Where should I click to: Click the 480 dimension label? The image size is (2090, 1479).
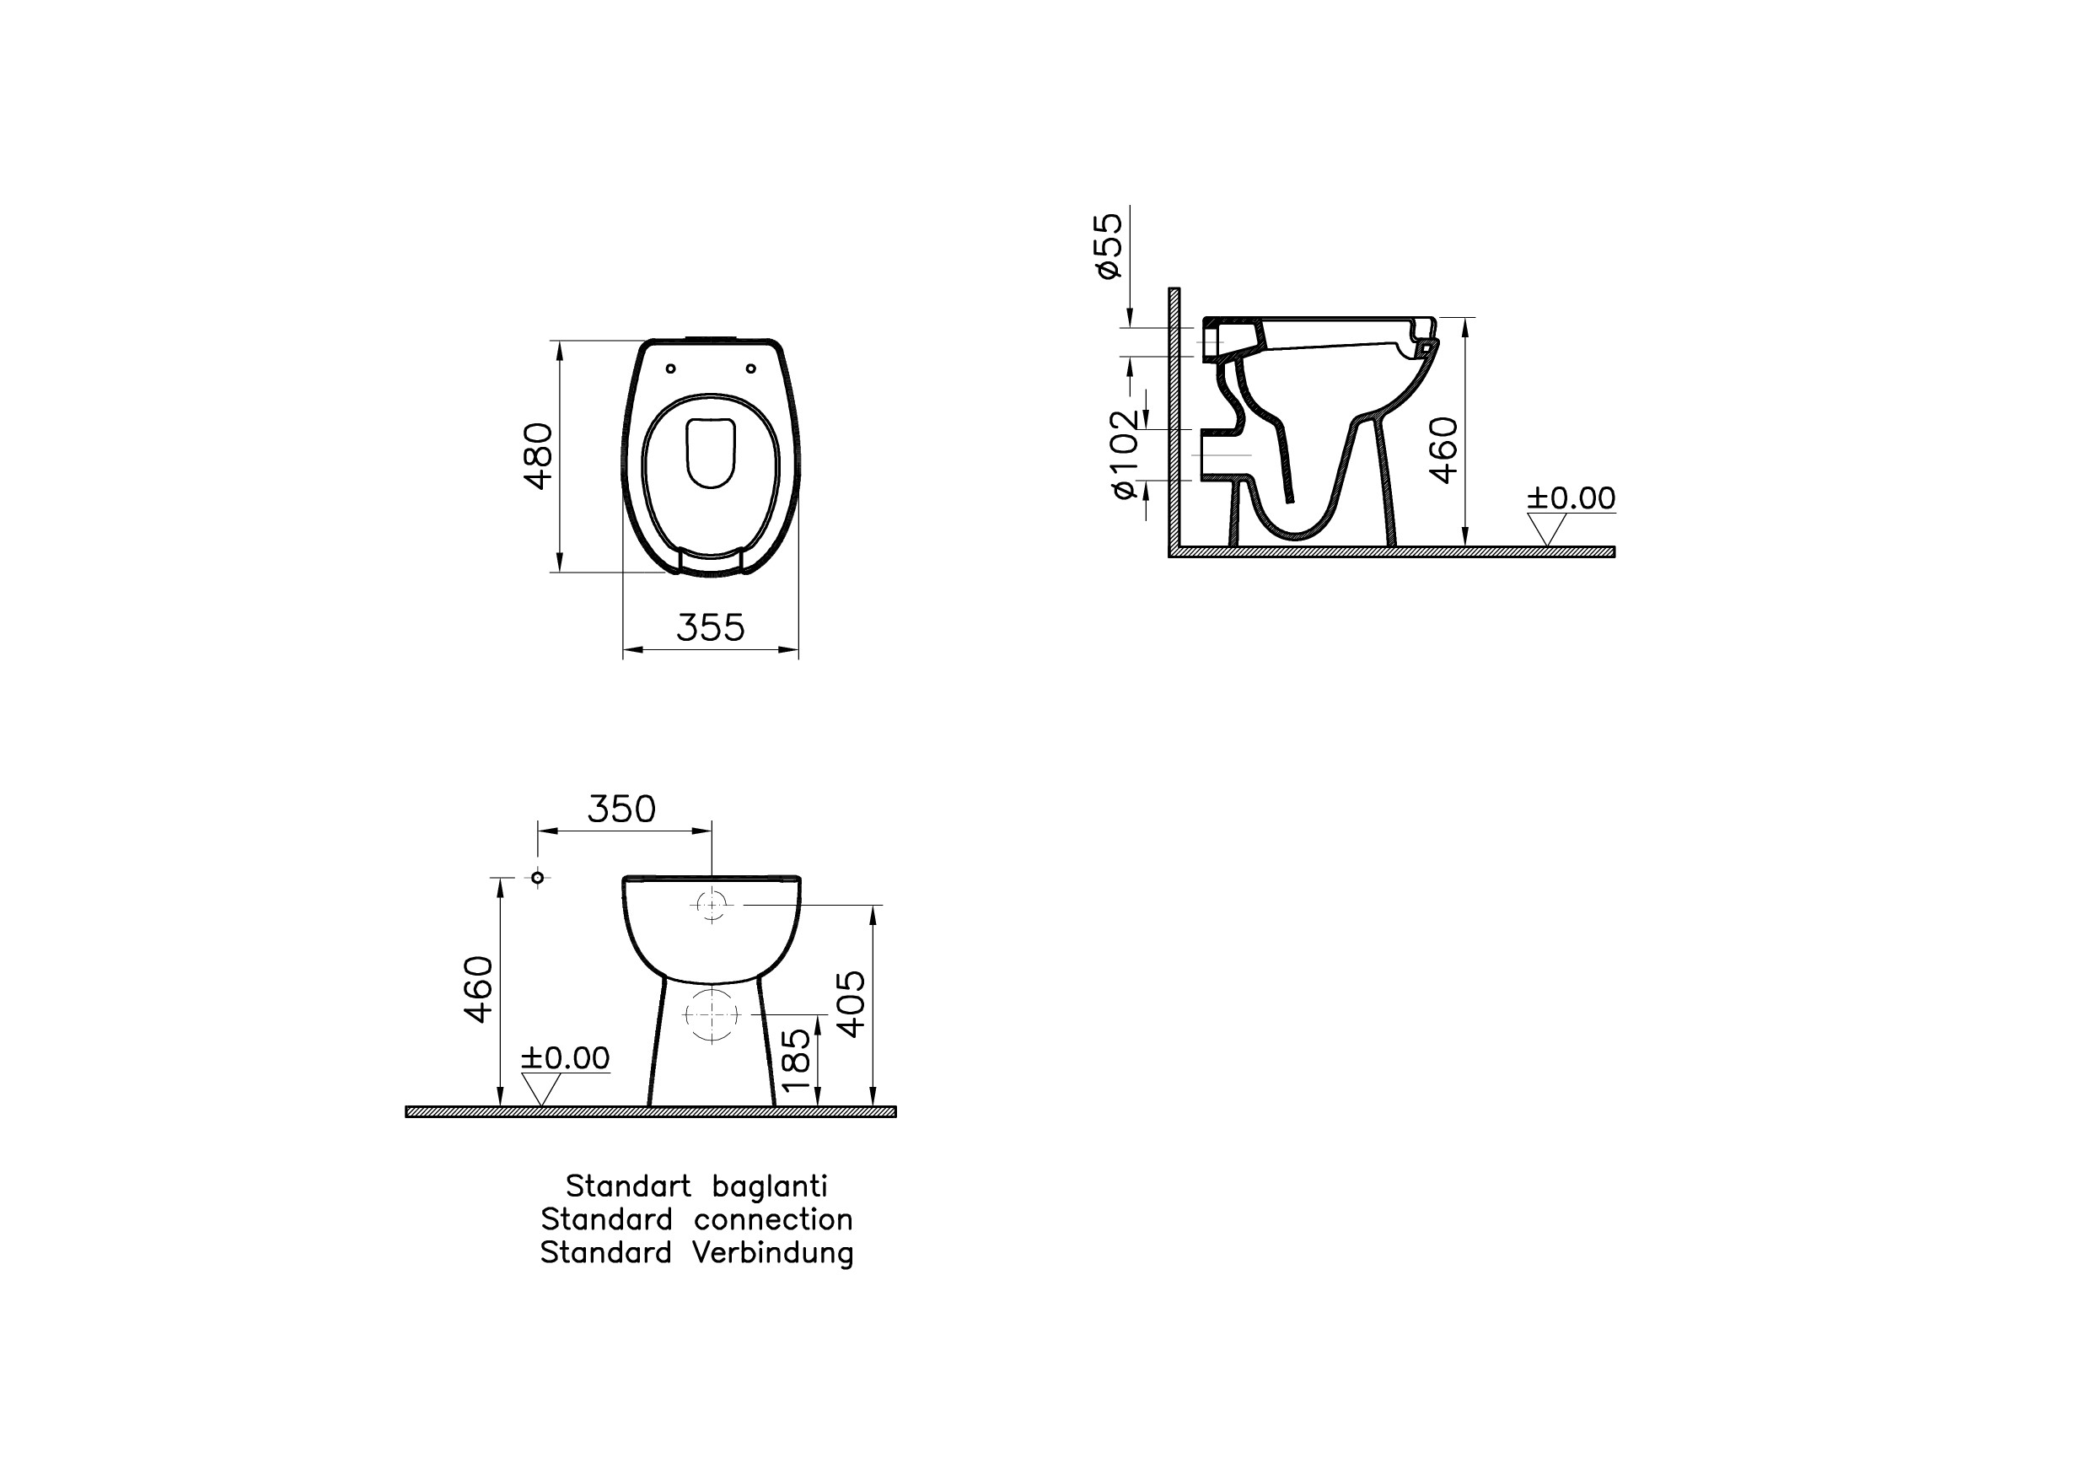[539, 456]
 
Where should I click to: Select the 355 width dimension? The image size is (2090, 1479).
[711, 627]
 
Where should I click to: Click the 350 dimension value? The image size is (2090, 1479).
[621, 809]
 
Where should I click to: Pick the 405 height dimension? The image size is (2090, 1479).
[852, 1003]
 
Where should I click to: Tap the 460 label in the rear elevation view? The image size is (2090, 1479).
[478, 989]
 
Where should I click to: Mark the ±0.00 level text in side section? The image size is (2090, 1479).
[1571, 498]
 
